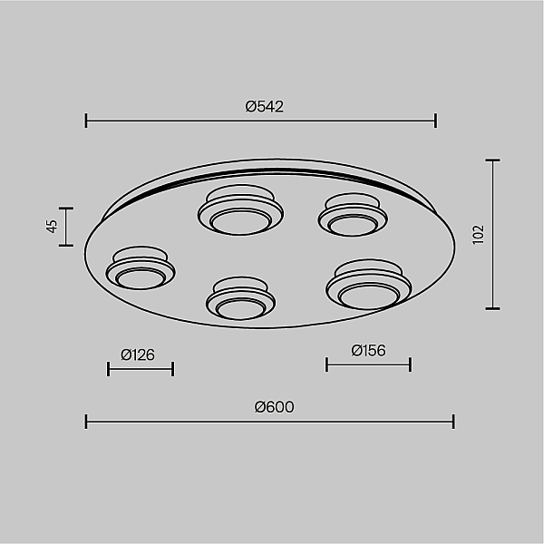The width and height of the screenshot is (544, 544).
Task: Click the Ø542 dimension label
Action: [265, 106]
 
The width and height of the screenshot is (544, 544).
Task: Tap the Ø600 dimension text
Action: [274, 407]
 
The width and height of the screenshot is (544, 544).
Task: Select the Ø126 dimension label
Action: [138, 355]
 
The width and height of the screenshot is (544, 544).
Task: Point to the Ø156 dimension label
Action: [368, 350]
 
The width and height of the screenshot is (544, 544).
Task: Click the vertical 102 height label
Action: [478, 235]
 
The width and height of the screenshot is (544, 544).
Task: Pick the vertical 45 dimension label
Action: [52, 226]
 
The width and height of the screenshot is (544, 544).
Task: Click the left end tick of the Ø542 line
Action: [86, 121]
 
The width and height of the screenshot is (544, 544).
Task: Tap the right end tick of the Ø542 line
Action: [436, 121]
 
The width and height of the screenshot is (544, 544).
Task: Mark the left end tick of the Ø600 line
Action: [86, 422]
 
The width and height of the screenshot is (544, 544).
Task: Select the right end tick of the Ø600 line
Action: [453, 422]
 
